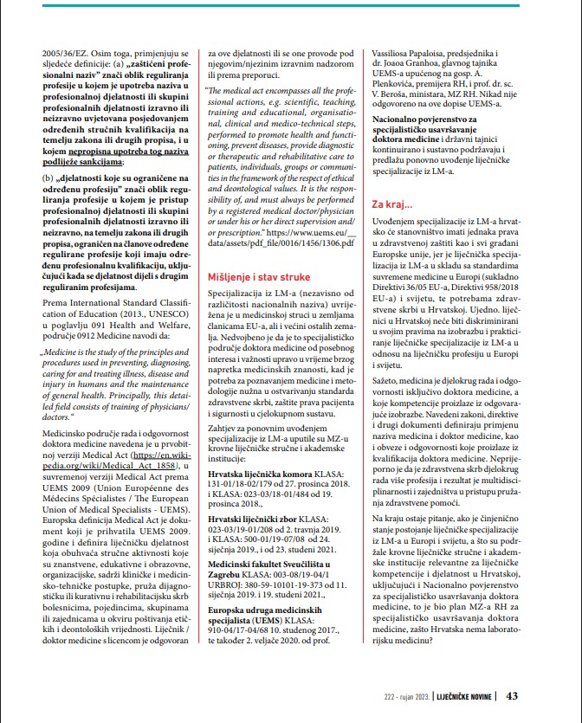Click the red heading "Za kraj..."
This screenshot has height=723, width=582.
393,203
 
